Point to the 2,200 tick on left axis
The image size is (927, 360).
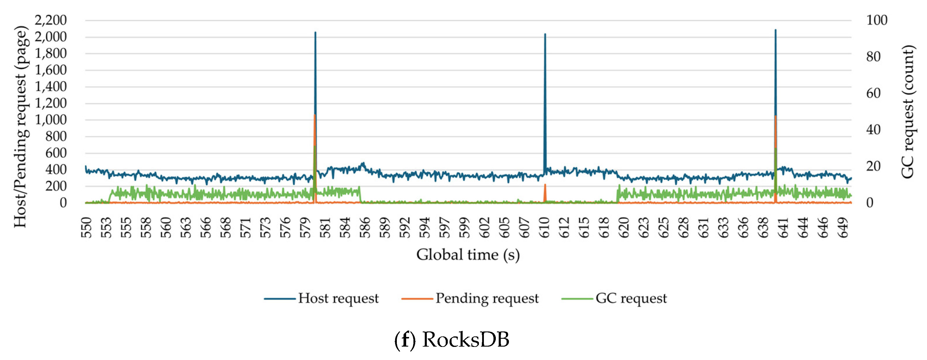point(51,20)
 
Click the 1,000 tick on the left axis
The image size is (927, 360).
point(51,120)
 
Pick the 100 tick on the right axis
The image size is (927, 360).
point(877,20)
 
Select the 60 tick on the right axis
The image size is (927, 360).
point(873,93)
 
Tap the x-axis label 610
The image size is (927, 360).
point(544,227)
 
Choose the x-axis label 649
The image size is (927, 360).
point(843,227)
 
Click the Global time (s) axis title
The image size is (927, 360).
point(468,255)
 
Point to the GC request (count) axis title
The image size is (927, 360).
point(908,112)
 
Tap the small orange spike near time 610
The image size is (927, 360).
point(545,185)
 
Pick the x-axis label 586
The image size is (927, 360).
point(365,227)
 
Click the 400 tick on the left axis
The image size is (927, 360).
point(56,170)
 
